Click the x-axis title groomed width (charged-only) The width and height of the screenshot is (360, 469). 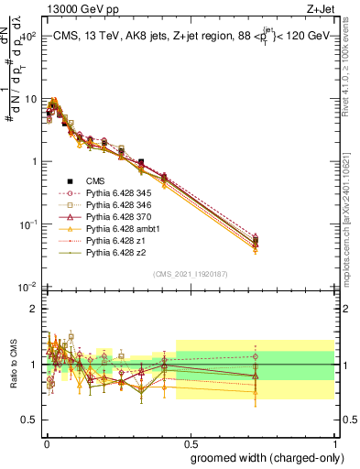[261, 457]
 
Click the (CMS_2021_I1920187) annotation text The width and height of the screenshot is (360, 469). [190, 273]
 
